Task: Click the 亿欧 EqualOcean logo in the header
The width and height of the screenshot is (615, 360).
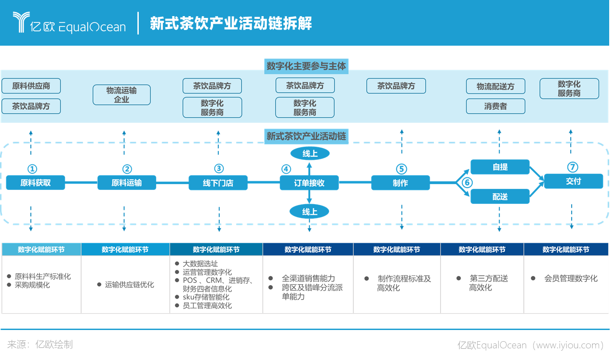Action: (x=69, y=23)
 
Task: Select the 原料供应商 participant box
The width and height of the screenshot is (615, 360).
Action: (x=31, y=86)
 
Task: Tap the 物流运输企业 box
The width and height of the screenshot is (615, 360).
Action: (x=122, y=95)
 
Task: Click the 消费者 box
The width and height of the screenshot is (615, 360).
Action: (x=495, y=106)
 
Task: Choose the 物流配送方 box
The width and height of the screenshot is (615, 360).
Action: (x=495, y=86)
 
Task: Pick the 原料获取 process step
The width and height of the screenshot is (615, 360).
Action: (x=35, y=183)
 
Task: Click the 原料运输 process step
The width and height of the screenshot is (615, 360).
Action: (x=127, y=183)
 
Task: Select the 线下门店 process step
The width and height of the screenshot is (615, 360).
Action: (x=218, y=183)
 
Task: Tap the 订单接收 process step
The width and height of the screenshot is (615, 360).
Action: (x=309, y=183)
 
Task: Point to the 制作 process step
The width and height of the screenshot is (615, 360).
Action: (x=401, y=183)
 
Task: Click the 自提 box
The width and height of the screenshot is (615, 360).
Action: (x=500, y=167)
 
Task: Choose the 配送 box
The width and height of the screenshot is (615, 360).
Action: (x=500, y=196)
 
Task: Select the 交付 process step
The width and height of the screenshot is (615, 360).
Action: (x=573, y=181)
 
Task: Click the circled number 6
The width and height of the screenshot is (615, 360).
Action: (x=467, y=183)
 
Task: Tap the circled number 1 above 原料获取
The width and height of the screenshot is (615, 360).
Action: (x=32, y=169)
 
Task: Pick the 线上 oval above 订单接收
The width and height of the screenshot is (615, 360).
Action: (x=310, y=154)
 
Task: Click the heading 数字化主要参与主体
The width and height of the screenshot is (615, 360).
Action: (x=307, y=66)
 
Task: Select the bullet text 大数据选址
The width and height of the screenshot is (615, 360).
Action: (x=200, y=264)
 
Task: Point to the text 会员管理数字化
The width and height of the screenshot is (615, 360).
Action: (x=571, y=279)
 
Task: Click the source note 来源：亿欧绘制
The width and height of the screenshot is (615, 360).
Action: (x=40, y=344)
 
